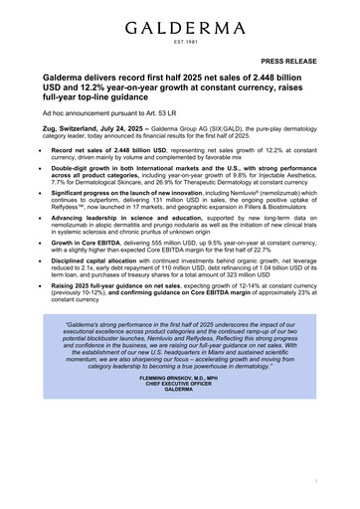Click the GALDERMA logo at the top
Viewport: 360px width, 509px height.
(180, 22)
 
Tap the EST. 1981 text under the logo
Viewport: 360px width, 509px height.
(180, 42)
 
